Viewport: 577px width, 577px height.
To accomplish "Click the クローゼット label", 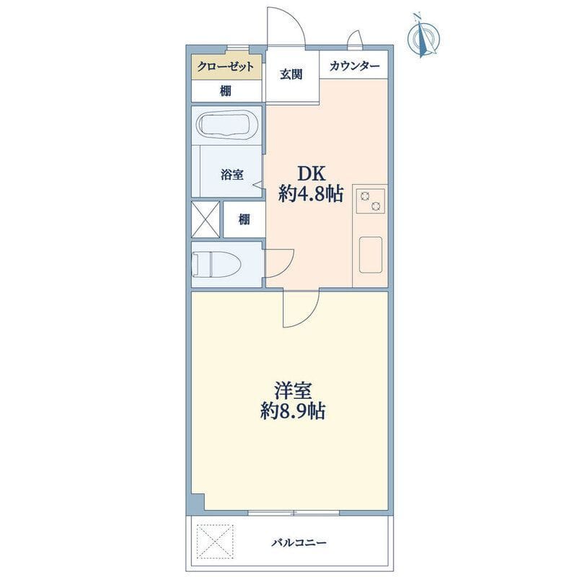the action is [225, 66].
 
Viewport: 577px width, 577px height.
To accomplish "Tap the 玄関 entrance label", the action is [291, 74].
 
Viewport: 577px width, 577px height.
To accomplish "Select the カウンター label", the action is [354, 66].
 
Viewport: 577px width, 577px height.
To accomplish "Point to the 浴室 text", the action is [232, 175].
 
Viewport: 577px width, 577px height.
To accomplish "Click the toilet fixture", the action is [217, 264].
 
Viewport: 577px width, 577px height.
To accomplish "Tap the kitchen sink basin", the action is [371, 255].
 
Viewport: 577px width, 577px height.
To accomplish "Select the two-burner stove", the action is [370, 201].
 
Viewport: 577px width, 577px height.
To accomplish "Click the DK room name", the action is [312, 173].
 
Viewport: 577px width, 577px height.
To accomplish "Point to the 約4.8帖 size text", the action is [311, 193].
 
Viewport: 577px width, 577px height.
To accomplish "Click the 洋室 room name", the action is [293, 391].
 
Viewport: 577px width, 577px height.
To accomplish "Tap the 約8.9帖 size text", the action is [293, 411].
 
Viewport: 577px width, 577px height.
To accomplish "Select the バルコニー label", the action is [299, 543].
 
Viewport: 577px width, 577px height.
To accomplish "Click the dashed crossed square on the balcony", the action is [215, 542].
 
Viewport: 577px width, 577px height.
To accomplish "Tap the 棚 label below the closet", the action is [226, 91].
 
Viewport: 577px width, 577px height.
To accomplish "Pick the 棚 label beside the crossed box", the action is [244, 220].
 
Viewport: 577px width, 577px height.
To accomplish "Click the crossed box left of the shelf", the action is [206, 219].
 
